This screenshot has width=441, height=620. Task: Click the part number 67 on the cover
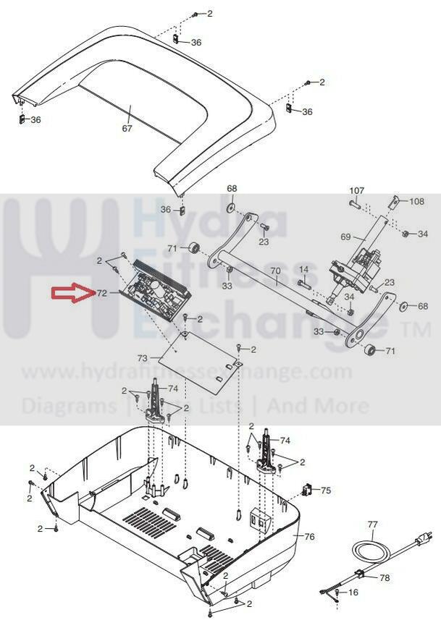(x=127, y=129)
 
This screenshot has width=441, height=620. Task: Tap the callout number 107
(x=357, y=192)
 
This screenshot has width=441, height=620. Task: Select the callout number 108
(x=416, y=202)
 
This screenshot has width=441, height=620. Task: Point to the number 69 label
(x=345, y=237)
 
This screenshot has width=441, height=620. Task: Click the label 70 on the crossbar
(x=274, y=273)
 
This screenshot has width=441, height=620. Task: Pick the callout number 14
(x=304, y=270)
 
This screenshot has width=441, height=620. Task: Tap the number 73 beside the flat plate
(x=143, y=359)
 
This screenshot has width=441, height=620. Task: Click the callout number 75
(x=326, y=491)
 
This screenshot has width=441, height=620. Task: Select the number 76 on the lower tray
(x=309, y=537)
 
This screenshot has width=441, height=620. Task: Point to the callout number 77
(x=372, y=524)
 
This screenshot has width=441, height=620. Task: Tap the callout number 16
(x=353, y=592)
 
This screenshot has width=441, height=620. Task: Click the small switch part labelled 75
(x=307, y=490)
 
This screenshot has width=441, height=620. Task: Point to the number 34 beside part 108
(x=423, y=234)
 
